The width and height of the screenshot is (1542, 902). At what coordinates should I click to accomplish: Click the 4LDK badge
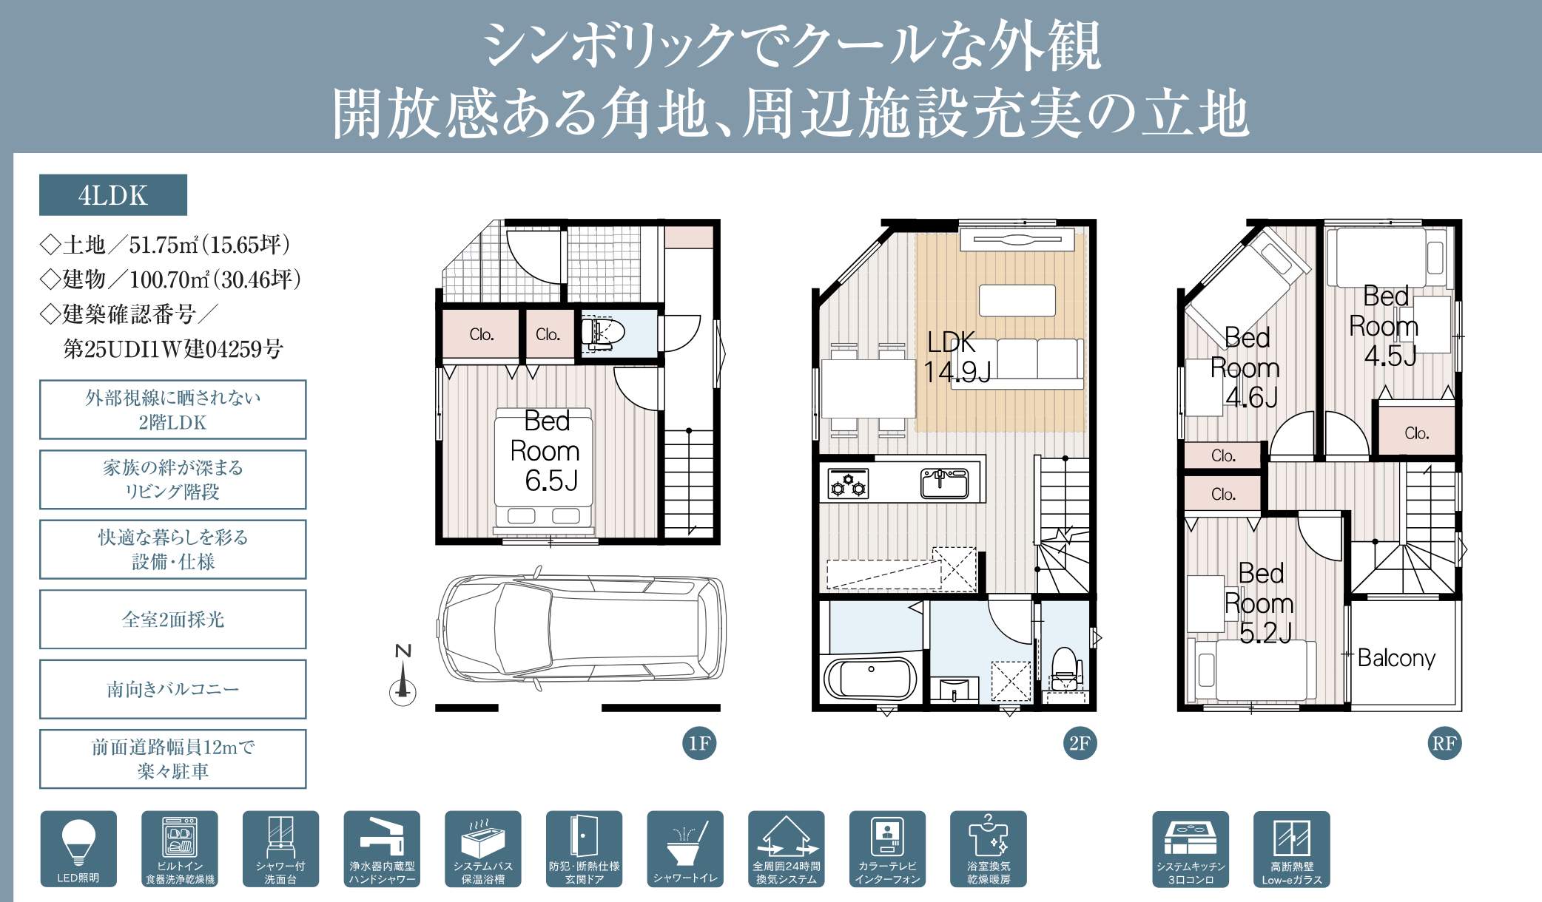click(113, 195)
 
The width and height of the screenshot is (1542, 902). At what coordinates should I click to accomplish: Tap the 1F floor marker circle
click(699, 743)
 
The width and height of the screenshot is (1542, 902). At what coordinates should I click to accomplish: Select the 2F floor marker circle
click(1080, 743)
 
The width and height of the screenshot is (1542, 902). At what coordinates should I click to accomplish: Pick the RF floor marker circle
click(1444, 743)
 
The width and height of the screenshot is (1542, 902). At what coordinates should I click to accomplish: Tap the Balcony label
click(1396, 657)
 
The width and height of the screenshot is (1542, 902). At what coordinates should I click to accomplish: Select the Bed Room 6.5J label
click(546, 451)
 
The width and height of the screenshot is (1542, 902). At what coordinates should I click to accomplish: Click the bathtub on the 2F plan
click(870, 677)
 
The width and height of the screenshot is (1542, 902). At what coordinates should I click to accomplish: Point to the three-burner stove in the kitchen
click(849, 484)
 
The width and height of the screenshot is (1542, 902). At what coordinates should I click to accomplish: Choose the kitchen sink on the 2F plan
click(944, 484)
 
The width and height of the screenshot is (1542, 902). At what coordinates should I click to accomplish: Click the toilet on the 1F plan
click(603, 333)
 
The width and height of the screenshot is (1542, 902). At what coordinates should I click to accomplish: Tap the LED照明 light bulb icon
click(78, 849)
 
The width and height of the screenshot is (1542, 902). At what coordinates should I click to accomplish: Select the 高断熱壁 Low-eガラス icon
click(1291, 849)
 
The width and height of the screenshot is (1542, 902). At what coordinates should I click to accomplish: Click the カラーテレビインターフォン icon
click(887, 849)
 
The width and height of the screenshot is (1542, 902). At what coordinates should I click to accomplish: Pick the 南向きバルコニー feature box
click(172, 689)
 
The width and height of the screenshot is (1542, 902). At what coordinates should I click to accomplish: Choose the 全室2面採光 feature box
click(172, 620)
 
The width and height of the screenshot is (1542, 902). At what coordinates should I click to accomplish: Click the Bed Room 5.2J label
click(1259, 603)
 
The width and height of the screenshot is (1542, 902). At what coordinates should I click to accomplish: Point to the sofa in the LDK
click(1015, 363)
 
